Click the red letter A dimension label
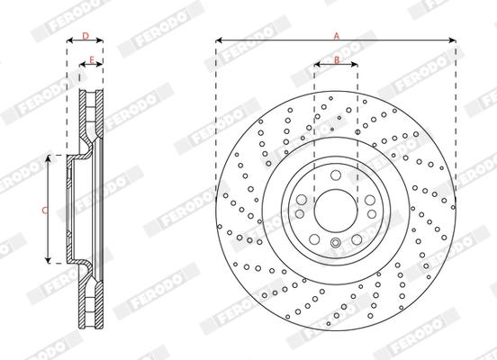click(x=336, y=35)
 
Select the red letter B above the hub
click(x=336, y=59)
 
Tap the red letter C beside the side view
click(x=44, y=209)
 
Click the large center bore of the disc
click(x=335, y=208)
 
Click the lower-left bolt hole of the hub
click(x=313, y=237)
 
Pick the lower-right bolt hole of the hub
click(x=357, y=237)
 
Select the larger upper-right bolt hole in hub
click(x=369, y=199)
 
